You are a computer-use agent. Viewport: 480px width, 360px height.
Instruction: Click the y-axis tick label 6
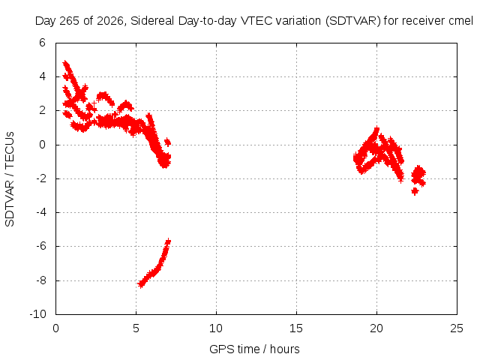tap(42, 43)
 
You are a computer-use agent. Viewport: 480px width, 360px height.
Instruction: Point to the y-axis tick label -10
tap(37, 314)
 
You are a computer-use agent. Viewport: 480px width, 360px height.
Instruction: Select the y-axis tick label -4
tap(40, 212)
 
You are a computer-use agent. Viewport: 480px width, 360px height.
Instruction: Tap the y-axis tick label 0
tap(42, 145)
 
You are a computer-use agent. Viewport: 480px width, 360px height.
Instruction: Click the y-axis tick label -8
tap(40, 280)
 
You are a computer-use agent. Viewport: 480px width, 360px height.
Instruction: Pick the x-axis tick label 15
tap(296, 328)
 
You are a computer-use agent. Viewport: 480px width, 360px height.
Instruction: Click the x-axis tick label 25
tap(457, 328)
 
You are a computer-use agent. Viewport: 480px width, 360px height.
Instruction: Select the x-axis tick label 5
tap(136, 328)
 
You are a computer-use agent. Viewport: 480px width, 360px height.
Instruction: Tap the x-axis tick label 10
tap(216, 328)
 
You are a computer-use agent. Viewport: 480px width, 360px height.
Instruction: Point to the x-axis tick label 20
tap(376, 328)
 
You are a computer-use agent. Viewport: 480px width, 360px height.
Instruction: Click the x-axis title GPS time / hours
tap(254, 349)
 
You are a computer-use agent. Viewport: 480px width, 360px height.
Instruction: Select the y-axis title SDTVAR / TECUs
tap(10, 179)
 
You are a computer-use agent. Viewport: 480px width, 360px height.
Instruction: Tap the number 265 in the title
tap(69, 21)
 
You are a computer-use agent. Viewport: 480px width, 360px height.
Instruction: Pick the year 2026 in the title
tap(110, 21)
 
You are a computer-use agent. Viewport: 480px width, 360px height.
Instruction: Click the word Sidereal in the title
tap(152, 21)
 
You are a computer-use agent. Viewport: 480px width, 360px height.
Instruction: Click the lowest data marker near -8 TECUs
tap(141, 284)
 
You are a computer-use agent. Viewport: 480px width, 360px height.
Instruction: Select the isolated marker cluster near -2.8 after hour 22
tap(415, 191)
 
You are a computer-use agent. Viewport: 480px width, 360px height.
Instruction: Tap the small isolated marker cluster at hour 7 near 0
tap(167, 142)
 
